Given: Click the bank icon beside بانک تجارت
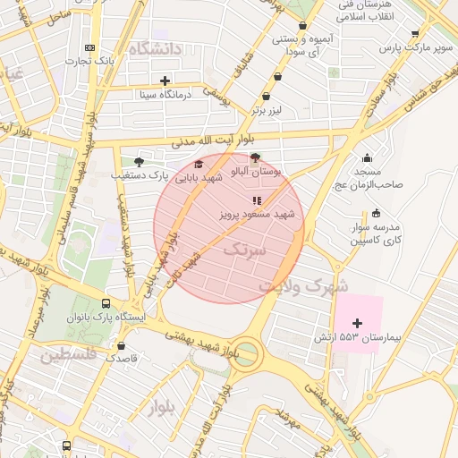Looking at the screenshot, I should (x=89, y=47).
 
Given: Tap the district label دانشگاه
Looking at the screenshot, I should (x=155, y=47).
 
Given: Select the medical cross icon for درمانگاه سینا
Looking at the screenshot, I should (x=165, y=81).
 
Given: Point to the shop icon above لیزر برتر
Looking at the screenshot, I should (x=266, y=97).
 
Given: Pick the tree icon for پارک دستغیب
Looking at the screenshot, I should (x=138, y=162).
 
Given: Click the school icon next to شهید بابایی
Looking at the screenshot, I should (x=199, y=165).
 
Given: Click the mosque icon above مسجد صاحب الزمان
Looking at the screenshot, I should (x=367, y=157).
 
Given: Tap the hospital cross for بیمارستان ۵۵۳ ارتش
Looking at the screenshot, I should (x=358, y=323).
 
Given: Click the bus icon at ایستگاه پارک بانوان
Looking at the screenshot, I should (x=107, y=303).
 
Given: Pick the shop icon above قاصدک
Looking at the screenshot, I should (x=122, y=344).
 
